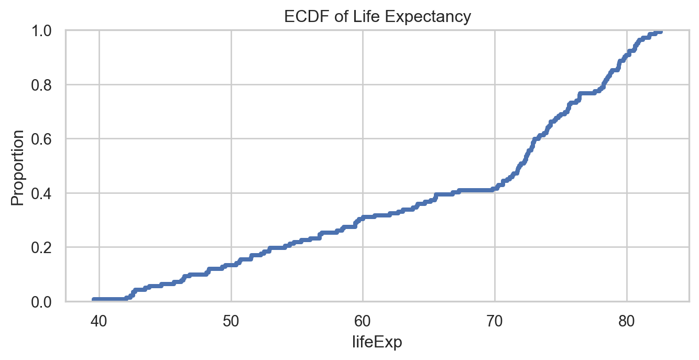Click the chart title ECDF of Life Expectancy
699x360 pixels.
tap(377, 17)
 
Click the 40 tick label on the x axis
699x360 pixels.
tap(99, 320)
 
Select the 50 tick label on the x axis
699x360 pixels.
tap(231, 320)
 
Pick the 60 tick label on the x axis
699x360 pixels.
tap(363, 320)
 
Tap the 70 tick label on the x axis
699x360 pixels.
tap(495, 320)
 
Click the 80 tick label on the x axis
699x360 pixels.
tap(627, 320)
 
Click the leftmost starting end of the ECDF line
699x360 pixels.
tap(94, 300)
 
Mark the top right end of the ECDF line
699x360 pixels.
tap(660, 31)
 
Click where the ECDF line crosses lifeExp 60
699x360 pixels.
tap(363, 217)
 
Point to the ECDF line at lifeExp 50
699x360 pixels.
tap(231, 265)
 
